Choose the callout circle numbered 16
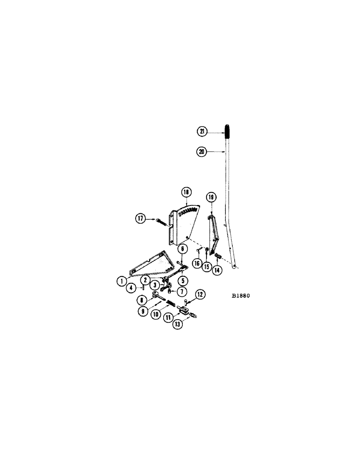(197, 264)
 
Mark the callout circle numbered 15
(206, 269)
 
